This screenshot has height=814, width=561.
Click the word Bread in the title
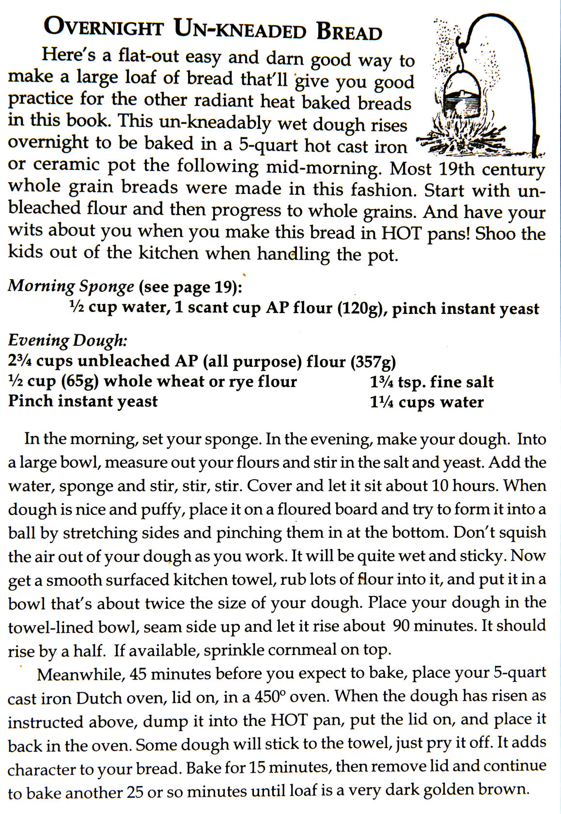point(349,31)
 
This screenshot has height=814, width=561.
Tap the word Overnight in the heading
point(103,28)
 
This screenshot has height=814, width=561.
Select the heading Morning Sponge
point(71,286)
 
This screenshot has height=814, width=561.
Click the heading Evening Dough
point(67,340)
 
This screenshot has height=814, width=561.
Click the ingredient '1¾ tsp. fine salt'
point(432,382)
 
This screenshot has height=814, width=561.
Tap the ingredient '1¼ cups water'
point(427,402)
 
